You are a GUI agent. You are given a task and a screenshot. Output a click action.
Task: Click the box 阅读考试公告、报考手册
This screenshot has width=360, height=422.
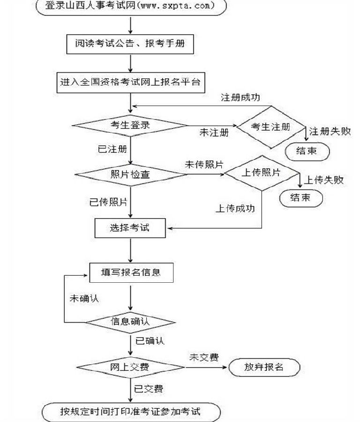[130, 45]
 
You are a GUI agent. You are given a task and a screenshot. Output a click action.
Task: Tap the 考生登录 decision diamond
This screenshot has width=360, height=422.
[130, 125]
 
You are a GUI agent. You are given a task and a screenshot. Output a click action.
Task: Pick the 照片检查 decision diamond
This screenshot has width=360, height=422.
[130, 175]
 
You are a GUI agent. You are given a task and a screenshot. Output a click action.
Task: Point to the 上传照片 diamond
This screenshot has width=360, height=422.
[262, 173]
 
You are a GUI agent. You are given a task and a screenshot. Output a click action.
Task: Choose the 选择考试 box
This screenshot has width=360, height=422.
[130, 228]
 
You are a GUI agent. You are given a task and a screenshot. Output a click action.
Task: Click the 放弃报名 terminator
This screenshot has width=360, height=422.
[264, 367]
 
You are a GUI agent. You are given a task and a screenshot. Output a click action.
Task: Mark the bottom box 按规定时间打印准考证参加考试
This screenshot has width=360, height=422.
[130, 412]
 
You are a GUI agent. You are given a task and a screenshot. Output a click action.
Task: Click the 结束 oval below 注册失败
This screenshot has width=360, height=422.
[307, 151]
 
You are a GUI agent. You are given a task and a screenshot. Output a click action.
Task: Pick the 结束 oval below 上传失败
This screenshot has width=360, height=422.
[300, 197]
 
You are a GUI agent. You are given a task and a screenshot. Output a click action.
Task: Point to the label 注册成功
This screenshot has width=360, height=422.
[240, 98]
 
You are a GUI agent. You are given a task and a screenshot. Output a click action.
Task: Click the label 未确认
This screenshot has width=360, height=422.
[84, 299]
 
